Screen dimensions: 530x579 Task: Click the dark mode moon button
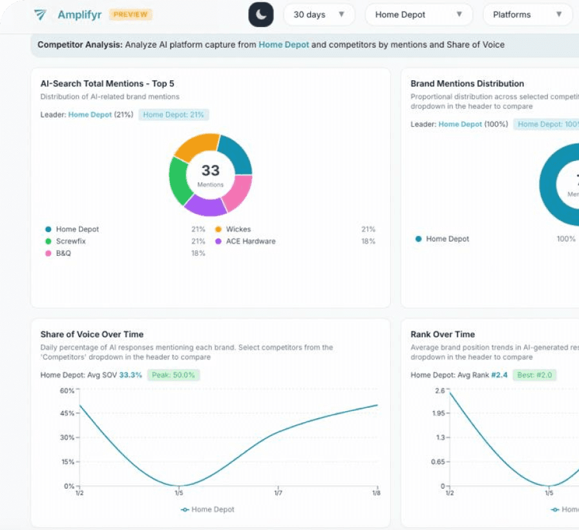261,15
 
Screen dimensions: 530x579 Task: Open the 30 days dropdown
319,15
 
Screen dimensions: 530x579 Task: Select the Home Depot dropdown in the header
419,15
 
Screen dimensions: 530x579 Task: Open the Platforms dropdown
527,15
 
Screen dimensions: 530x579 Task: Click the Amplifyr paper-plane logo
41,14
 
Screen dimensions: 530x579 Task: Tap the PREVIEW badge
130,14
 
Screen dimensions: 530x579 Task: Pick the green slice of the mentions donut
178,182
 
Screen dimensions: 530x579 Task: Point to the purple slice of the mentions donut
205,206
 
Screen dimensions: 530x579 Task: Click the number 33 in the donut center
211,171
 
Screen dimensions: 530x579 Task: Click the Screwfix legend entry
70,241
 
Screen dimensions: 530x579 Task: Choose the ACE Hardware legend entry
250,241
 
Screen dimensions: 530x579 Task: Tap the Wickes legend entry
238,229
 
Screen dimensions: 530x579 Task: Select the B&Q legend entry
63,253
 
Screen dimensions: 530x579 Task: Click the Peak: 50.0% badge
173,375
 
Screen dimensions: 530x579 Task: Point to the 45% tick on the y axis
68,414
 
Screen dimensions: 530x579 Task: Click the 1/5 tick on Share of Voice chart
179,494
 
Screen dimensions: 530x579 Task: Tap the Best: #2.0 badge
534,375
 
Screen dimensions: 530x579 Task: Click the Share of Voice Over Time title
92,334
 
